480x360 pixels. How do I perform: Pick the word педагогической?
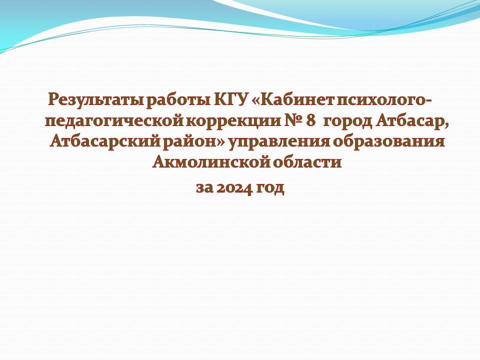click(x=114, y=121)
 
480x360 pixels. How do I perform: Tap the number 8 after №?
click(x=310, y=120)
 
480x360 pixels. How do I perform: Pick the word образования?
click(x=389, y=141)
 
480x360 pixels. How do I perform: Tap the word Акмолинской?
click(x=211, y=162)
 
